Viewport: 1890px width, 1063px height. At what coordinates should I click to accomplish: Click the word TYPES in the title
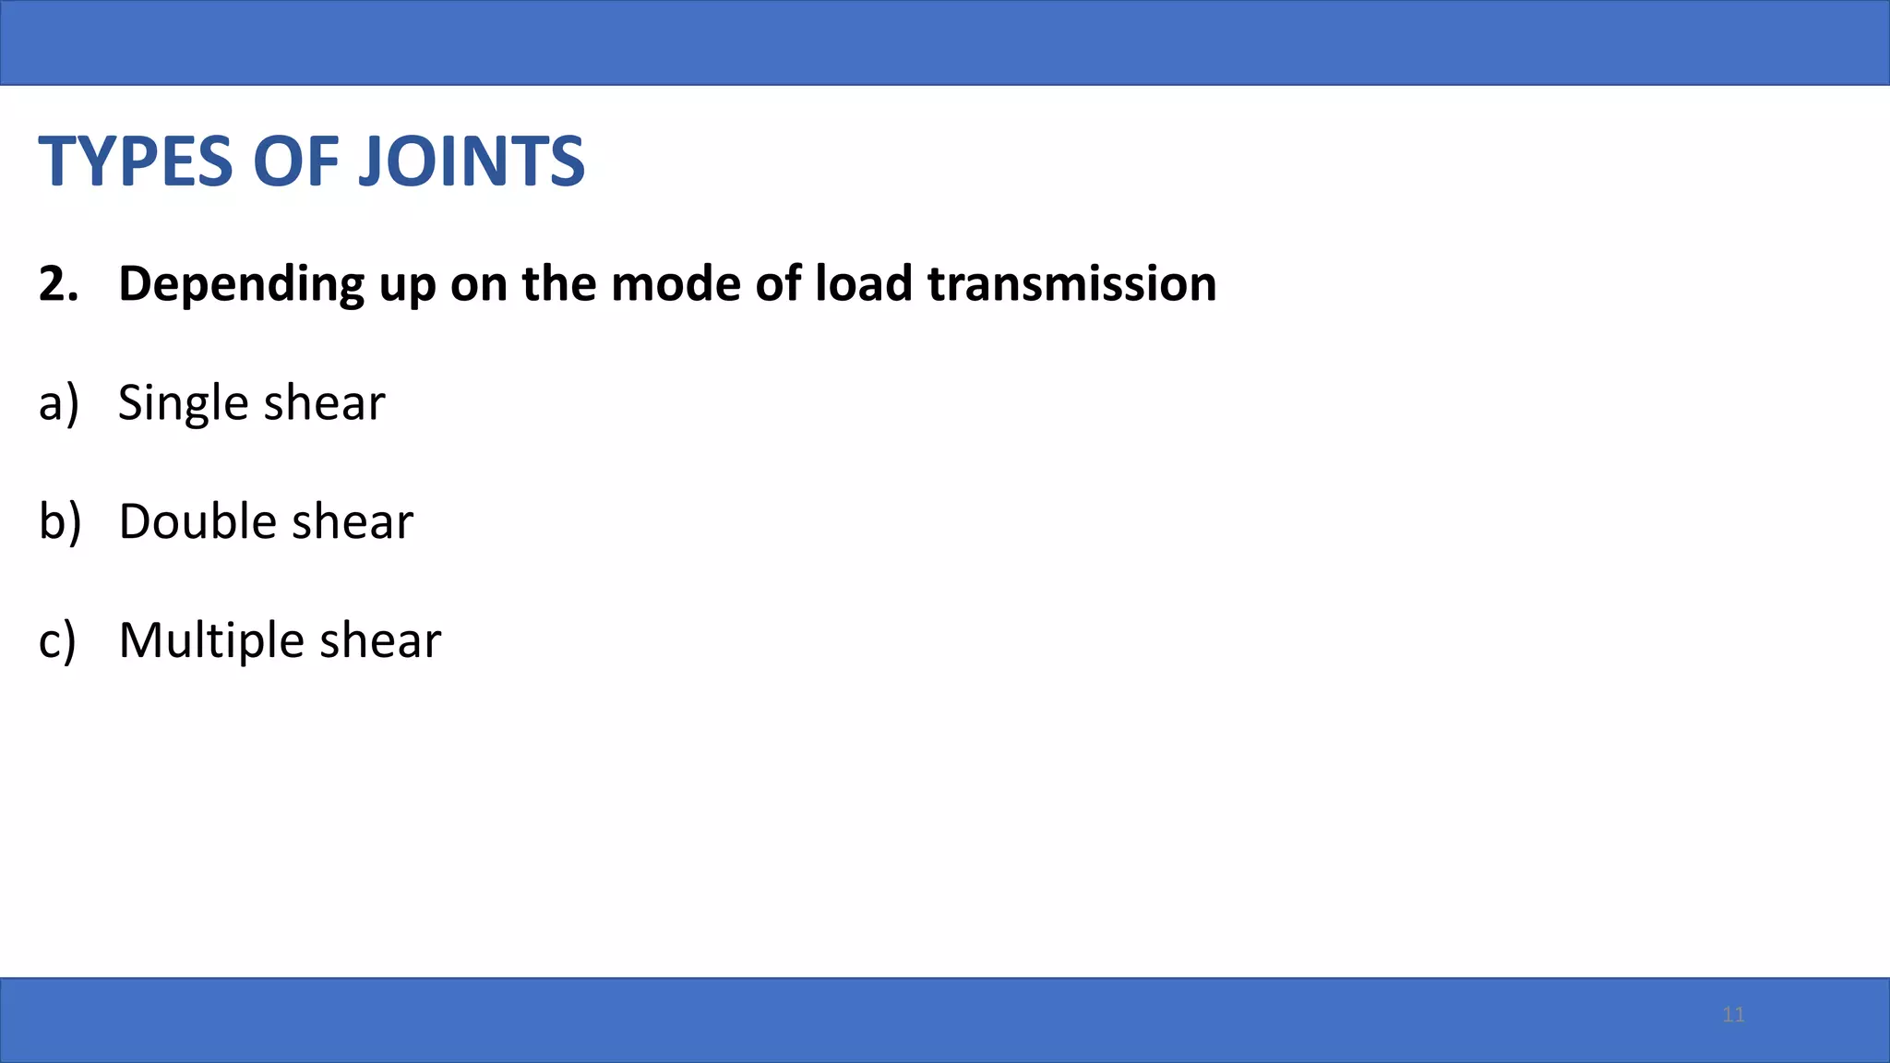point(136,161)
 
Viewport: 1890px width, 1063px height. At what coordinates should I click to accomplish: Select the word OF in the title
point(294,161)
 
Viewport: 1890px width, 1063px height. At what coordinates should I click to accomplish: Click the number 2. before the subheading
point(58,283)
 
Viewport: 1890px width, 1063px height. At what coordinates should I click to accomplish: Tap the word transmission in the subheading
point(1071,283)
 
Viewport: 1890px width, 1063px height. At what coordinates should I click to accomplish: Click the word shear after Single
point(325,403)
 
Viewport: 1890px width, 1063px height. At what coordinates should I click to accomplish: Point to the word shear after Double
point(353,521)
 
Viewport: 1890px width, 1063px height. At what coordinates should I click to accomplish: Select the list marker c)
point(57,640)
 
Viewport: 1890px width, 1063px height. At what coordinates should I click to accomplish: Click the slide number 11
point(1733,1015)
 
